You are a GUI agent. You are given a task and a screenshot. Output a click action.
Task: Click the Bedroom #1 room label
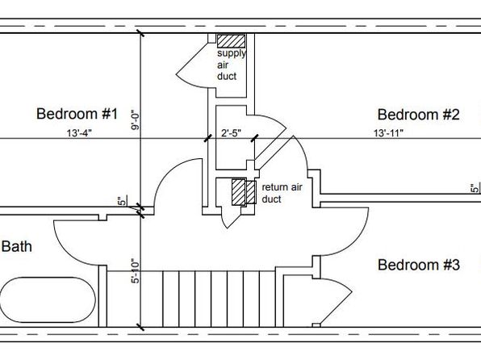tap(77, 114)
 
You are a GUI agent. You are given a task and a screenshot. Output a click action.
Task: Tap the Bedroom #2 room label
tap(418, 115)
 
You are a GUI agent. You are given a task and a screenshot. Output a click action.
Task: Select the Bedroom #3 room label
tap(418, 265)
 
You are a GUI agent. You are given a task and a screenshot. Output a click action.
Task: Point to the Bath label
tap(17, 246)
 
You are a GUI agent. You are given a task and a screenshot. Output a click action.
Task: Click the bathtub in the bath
tap(48, 299)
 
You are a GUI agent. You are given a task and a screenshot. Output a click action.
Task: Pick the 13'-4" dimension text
tap(79, 133)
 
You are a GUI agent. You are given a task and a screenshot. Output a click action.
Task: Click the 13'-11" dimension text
tap(388, 133)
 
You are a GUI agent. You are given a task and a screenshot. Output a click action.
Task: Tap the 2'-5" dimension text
tap(232, 133)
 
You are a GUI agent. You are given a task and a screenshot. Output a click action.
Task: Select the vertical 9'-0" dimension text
tap(136, 120)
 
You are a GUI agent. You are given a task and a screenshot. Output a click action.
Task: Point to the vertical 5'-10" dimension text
tap(136, 272)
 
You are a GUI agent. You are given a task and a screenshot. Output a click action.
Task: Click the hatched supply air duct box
tap(231, 41)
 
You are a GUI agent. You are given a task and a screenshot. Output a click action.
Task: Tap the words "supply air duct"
tap(232, 65)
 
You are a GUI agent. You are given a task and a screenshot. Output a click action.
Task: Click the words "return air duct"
tap(282, 193)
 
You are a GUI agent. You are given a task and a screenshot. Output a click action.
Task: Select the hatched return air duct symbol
tap(244, 192)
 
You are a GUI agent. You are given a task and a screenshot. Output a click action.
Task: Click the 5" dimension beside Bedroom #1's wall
tap(122, 201)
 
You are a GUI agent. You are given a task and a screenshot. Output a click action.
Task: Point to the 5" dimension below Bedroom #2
tap(475, 187)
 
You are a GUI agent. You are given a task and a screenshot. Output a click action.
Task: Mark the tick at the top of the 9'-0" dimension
tap(140, 33)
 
